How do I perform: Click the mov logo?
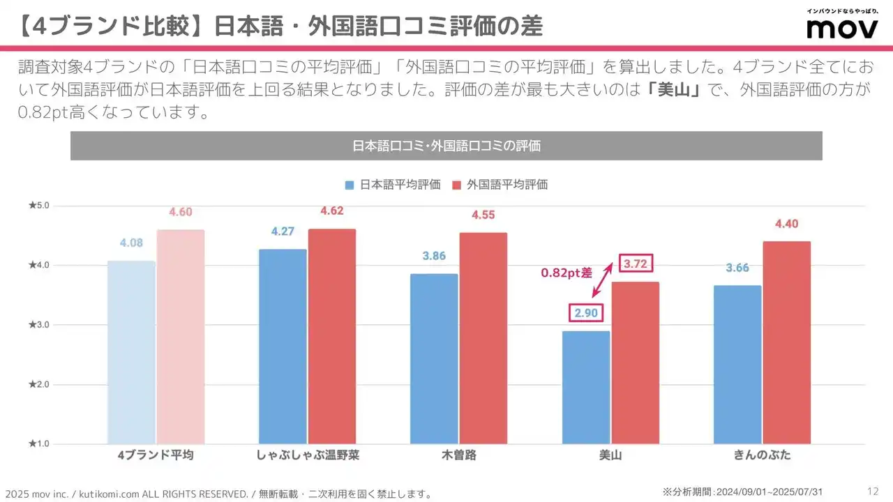[841, 27]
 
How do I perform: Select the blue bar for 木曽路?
[434, 358]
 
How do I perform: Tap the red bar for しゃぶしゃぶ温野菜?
[332, 336]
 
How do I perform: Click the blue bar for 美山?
[585, 387]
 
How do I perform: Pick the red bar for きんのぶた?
[786, 342]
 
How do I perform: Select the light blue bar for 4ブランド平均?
[131, 352]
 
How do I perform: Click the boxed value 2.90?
[586, 313]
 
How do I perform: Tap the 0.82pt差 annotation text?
[566, 273]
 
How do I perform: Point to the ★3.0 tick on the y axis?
[38, 325]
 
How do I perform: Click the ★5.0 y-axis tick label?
[38, 206]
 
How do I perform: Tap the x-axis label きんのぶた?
[762, 455]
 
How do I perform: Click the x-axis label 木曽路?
[459, 455]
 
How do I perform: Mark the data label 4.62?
[331, 211]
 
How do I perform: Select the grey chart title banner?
[446, 146]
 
